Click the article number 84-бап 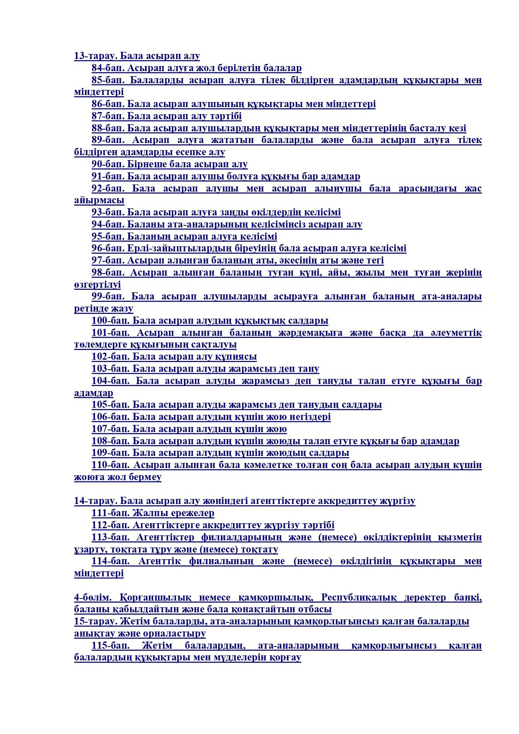pyautogui.click(x=108, y=68)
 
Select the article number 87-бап pyautogui.click(x=108, y=116)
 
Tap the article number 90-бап pyautogui.click(x=108, y=164)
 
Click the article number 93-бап pyautogui.click(x=108, y=212)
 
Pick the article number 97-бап pyautogui.click(x=108, y=261)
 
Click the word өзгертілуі pyautogui.click(x=97, y=285)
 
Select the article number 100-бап pyautogui.click(x=111, y=321)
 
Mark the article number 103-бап pyautogui.click(x=111, y=369)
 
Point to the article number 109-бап pyautogui.click(x=111, y=453)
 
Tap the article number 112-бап pyautogui.click(x=111, y=525)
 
